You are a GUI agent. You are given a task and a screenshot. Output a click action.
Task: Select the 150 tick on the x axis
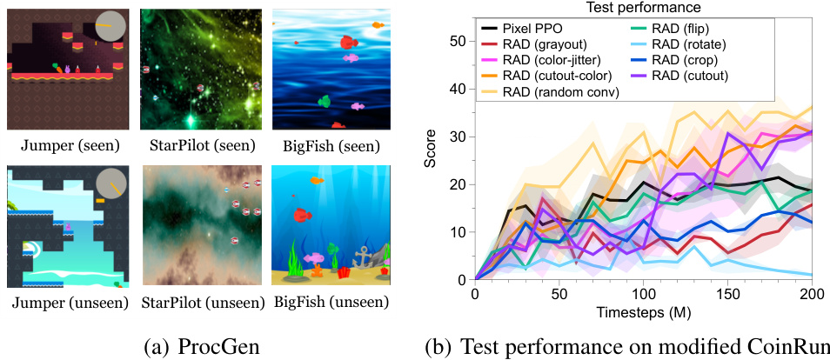point(727,295)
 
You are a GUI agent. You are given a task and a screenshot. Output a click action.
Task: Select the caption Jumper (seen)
point(68,144)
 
